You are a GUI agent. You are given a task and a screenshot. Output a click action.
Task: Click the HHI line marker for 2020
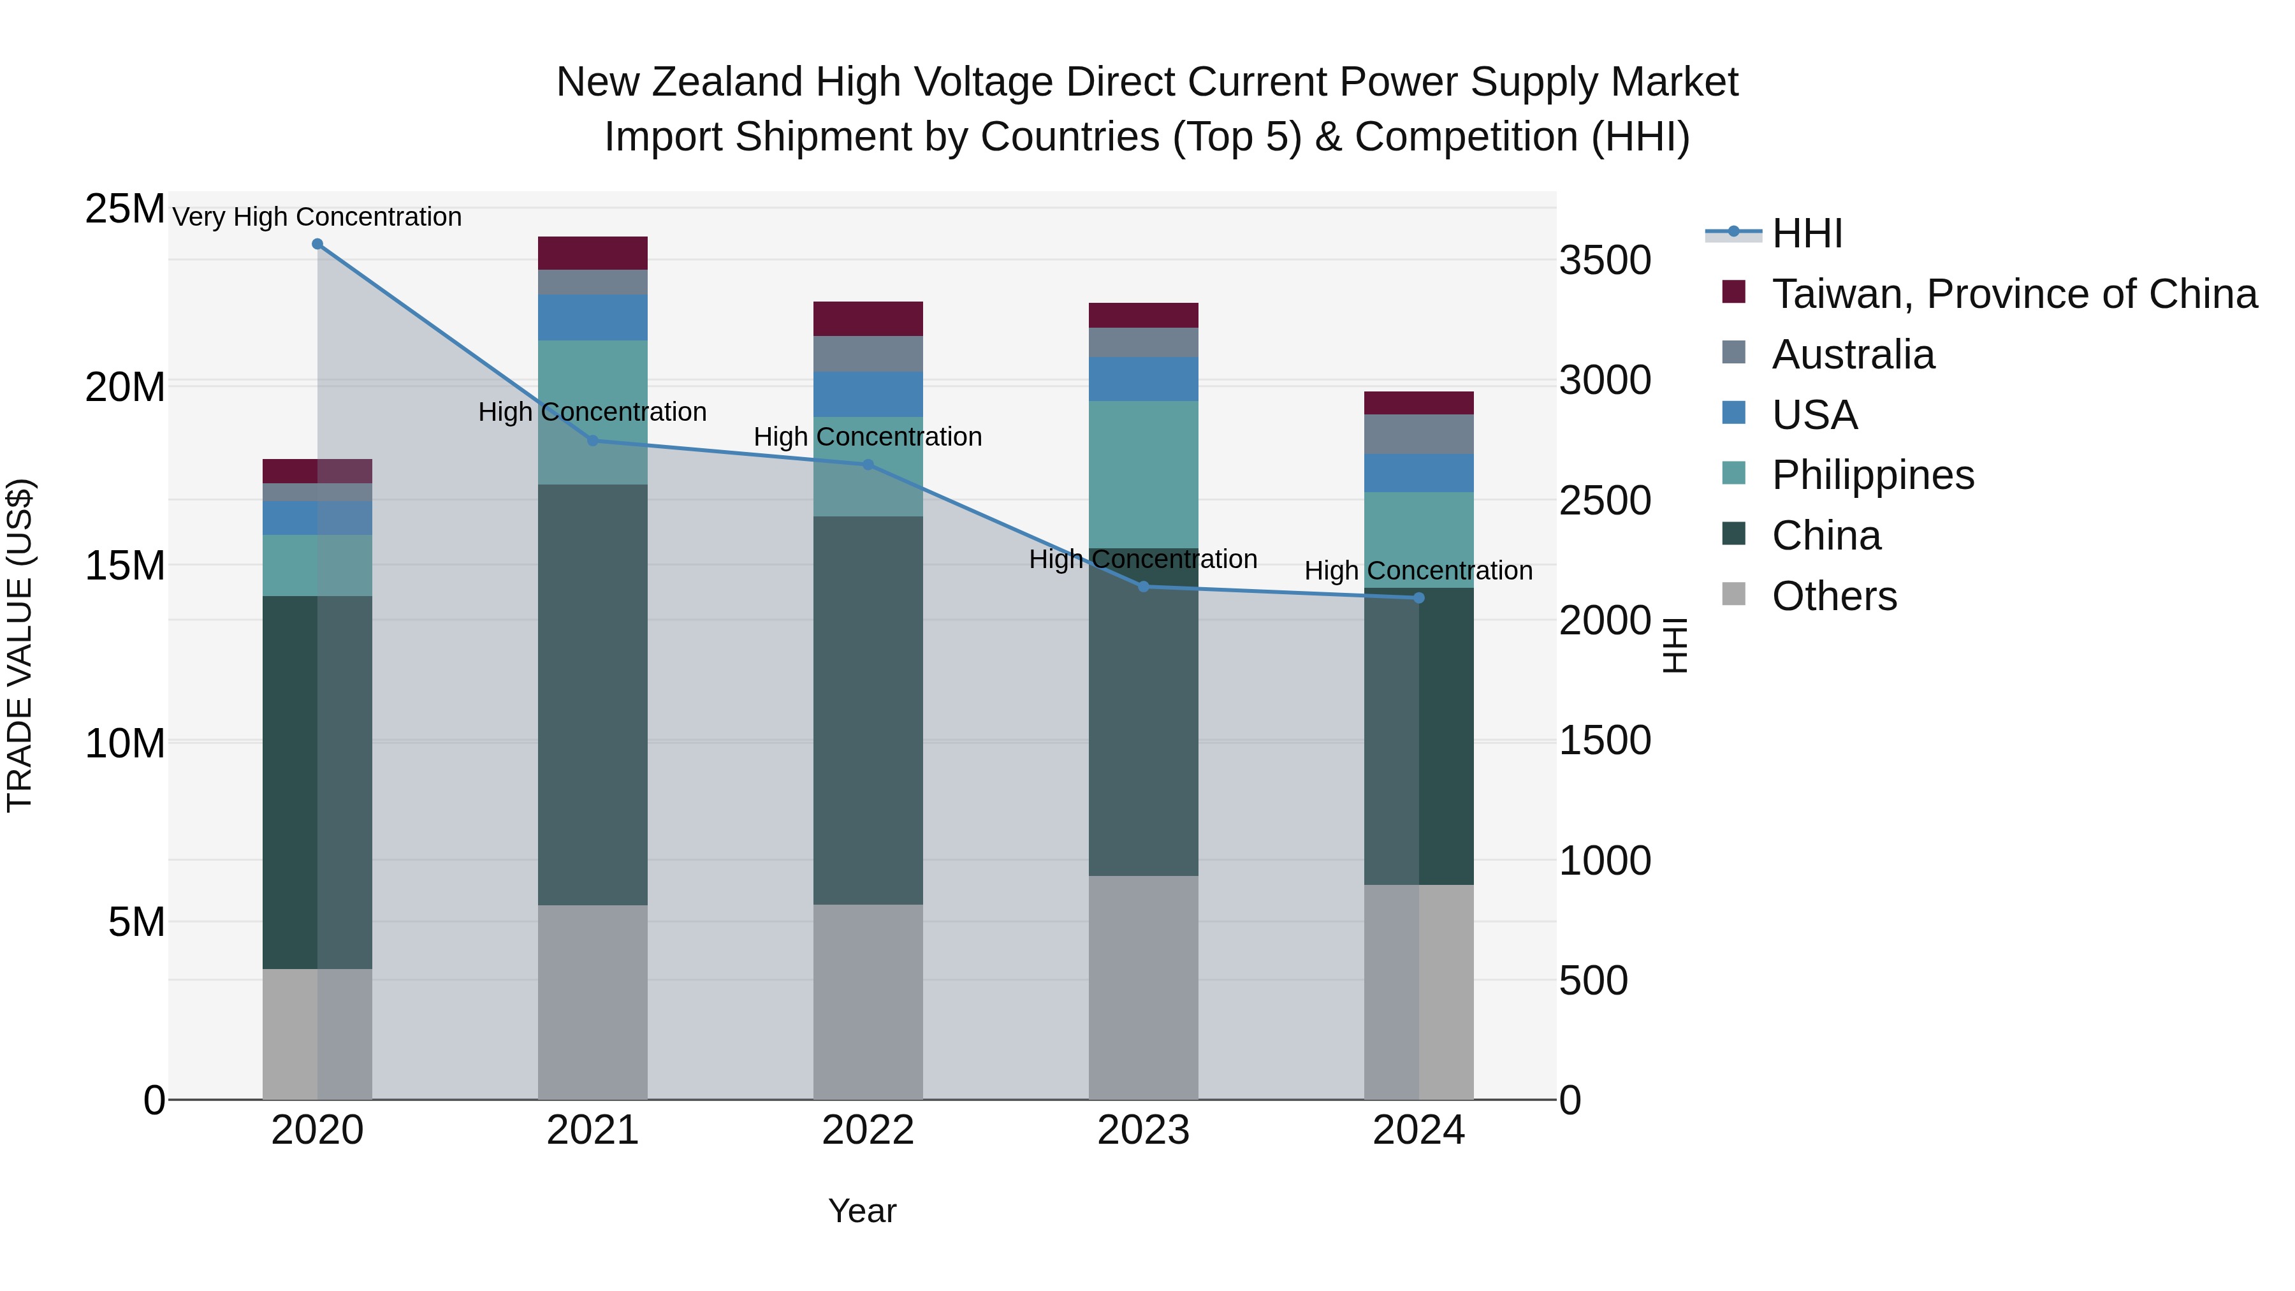click(x=317, y=244)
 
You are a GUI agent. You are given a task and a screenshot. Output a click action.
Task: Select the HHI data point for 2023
click(x=1143, y=587)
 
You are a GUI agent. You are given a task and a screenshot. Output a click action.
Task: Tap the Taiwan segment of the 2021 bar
click(x=592, y=253)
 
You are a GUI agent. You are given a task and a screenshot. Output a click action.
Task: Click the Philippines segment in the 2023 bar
click(x=1143, y=474)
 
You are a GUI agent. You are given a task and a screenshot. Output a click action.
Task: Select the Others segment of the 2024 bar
click(x=1418, y=991)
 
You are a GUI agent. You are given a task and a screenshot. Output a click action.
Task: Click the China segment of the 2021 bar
click(x=592, y=695)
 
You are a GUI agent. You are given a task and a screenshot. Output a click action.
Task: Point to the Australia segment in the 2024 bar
click(x=1418, y=434)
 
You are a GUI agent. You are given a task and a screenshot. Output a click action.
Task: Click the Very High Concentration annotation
click(x=317, y=217)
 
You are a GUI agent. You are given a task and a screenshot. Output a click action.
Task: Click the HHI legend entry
click(x=1806, y=233)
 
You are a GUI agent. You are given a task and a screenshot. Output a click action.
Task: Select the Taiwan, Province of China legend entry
click(x=2013, y=294)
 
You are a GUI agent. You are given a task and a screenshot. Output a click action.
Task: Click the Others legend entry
click(x=1833, y=596)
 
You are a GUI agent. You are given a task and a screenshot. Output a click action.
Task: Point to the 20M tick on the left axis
click(x=125, y=388)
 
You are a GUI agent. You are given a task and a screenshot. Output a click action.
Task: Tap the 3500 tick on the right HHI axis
click(x=1605, y=261)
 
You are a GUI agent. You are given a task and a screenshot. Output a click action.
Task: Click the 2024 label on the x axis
click(x=1418, y=1130)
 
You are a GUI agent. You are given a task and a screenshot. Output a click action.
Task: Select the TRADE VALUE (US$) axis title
click(x=20, y=645)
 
